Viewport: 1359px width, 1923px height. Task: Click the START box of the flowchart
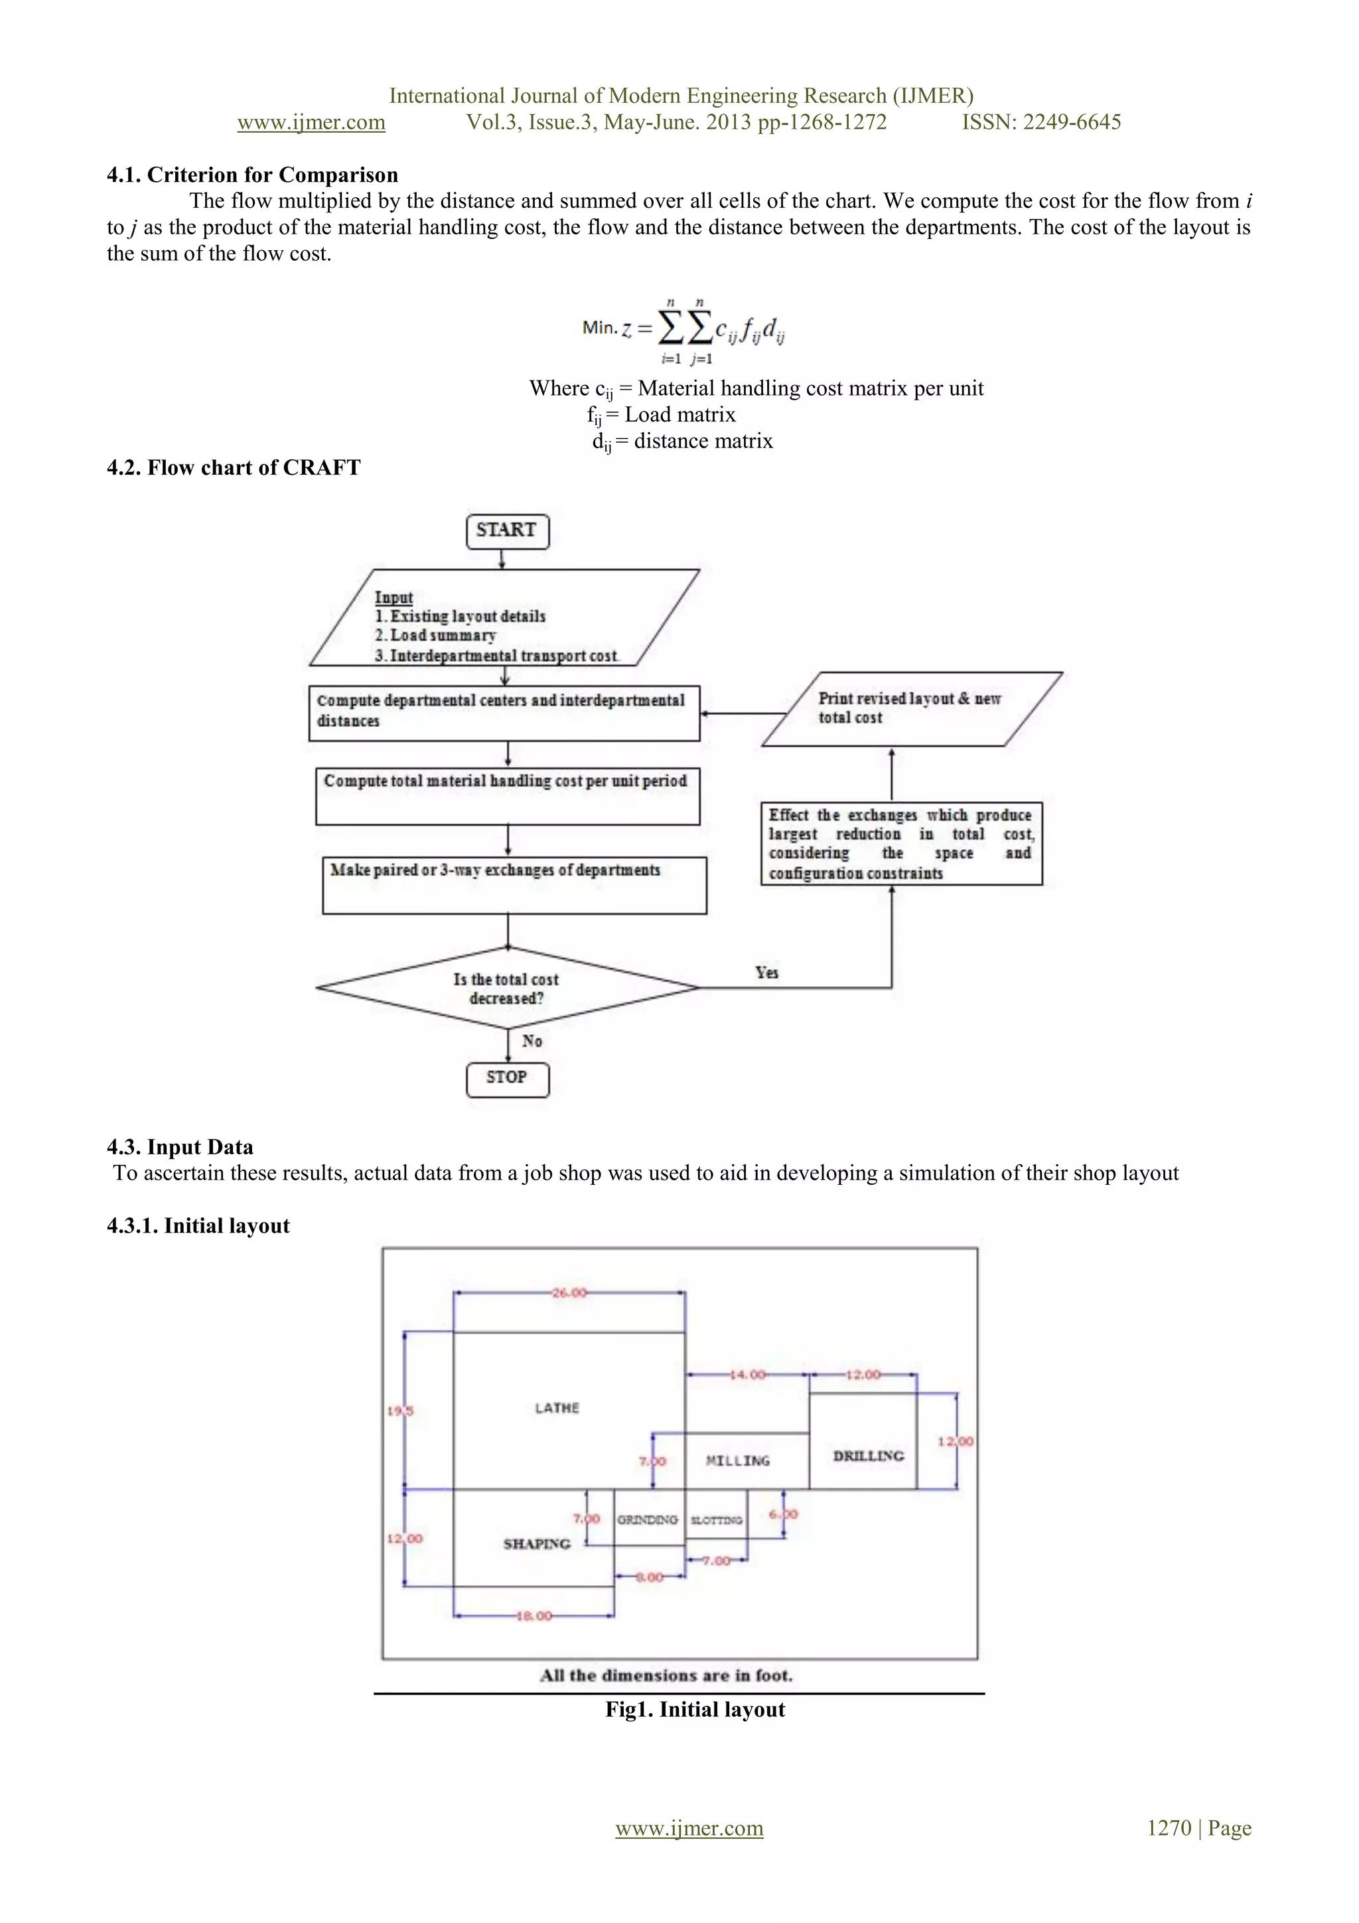(x=506, y=531)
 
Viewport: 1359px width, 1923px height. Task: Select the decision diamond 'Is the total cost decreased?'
(x=506, y=988)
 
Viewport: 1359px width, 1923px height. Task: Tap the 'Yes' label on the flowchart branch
(x=766, y=972)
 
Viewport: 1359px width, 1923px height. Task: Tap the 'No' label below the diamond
(x=532, y=1041)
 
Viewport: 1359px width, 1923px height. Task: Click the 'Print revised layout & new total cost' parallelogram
(x=910, y=708)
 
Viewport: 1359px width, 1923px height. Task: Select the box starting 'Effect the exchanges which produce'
(x=901, y=844)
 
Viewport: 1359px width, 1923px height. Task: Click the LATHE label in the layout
(x=557, y=1408)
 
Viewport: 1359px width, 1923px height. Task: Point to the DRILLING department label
(x=869, y=1456)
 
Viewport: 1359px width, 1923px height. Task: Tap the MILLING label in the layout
(x=738, y=1460)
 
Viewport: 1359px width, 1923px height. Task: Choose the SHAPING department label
(x=536, y=1543)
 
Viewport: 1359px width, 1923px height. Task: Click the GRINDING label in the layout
(x=647, y=1519)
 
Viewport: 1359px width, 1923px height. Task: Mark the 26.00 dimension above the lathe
(x=569, y=1292)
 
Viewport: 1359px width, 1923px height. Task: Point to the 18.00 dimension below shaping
(x=534, y=1616)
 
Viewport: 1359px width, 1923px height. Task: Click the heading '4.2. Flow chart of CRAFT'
(x=234, y=467)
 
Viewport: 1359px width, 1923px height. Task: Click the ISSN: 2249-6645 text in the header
(x=1040, y=122)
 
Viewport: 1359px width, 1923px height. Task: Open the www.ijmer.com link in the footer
(x=689, y=1827)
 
